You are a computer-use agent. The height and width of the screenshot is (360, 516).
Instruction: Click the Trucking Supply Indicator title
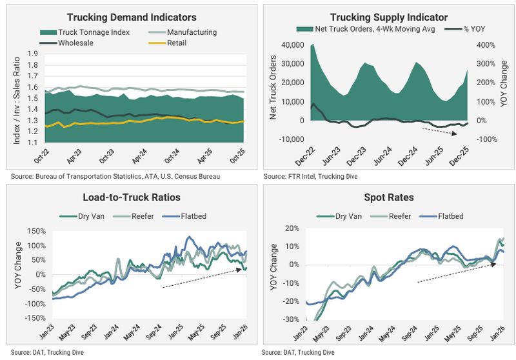pos(388,17)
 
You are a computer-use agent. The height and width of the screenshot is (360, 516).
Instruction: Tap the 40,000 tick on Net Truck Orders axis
pos(293,45)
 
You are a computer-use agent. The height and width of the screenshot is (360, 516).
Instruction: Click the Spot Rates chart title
pos(388,197)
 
